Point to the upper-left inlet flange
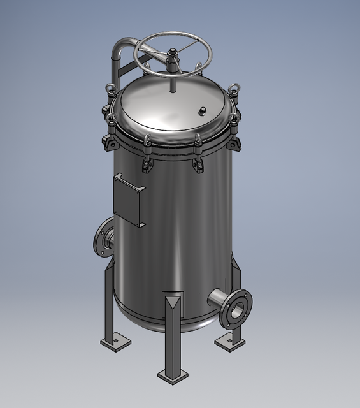point(101,238)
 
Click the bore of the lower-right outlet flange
point(236,310)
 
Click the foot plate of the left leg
point(115,344)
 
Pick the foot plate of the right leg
point(230,342)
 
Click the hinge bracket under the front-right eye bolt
point(198,164)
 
